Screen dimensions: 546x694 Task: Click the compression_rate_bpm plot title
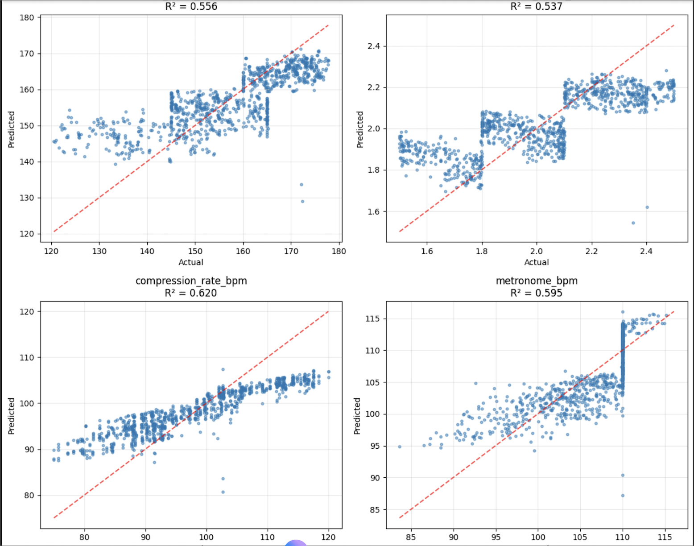(191, 281)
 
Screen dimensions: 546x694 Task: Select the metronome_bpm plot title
(537, 281)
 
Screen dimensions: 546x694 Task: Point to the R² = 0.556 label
(191, 6)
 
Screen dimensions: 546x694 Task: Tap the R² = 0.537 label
(537, 6)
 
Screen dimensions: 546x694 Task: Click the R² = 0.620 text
(191, 293)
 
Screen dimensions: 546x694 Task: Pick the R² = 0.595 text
(537, 293)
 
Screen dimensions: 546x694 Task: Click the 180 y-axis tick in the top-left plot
(27, 17)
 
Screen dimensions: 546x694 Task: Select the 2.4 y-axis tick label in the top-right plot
(374, 46)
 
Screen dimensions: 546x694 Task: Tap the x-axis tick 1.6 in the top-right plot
(427, 251)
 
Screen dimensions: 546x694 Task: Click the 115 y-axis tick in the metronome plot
(373, 318)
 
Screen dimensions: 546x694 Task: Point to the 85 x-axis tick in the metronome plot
(411, 537)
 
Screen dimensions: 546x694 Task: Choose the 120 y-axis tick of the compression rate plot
(27, 311)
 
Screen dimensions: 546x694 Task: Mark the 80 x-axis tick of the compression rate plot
(84, 537)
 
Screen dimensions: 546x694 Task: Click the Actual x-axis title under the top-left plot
(191, 262)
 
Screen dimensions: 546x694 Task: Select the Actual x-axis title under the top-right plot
(537, 262)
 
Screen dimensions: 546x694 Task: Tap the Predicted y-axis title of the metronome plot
(357, 416)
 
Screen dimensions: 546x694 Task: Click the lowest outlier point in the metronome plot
(623, 496)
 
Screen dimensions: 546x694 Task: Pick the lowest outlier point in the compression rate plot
(223, 492)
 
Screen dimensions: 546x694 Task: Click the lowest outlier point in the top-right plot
(633, 223)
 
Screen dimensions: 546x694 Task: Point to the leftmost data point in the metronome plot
(400, 447)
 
